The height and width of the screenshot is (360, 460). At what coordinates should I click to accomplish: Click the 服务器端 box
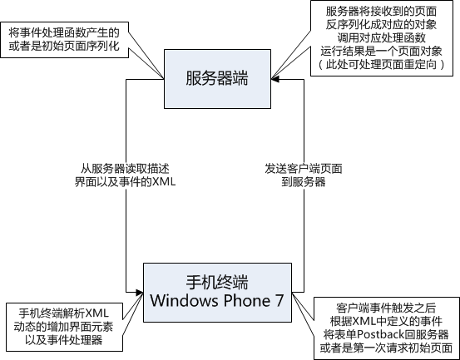[x=217, y=79]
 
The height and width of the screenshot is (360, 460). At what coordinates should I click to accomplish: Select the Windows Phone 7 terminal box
[x=217, y=293]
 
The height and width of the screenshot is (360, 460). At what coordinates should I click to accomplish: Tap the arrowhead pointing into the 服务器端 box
[x=275, y=79]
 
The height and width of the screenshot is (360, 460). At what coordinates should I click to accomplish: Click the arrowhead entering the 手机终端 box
[x=140, y=293]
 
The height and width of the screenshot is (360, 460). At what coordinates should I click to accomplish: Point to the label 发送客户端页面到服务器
[x=304, y=175]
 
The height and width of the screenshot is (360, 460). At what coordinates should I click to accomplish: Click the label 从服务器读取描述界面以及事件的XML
[x=125, y=175]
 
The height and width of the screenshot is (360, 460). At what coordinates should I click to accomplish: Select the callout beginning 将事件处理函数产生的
[x=64, y=40]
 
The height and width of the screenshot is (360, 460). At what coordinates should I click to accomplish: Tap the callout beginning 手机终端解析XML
[x=64, y=327]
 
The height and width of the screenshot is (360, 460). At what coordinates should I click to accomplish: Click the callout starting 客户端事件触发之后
[x=387, y=328]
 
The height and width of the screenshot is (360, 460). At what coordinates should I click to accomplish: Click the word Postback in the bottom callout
[x=377, y=334]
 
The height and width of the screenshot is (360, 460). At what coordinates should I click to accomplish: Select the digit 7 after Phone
[x=279, y=301]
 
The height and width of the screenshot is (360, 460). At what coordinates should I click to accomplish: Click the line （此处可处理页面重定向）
[x=381, y=65]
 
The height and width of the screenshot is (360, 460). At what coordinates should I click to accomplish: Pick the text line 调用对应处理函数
[x=381, y=38]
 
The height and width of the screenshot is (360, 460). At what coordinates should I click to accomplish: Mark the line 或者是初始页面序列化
[x=64, y=47]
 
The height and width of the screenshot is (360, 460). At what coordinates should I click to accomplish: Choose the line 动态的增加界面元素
[x=63, y=327]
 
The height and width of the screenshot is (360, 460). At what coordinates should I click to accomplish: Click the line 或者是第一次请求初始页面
[x=386, y=348]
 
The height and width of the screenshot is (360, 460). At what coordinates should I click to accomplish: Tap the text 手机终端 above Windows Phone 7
[x=217, y=282]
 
